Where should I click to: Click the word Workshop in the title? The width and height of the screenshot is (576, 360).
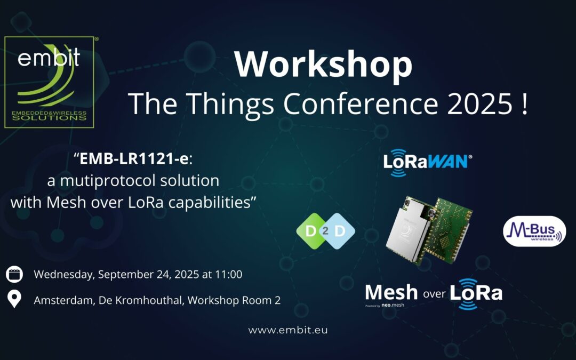(x=323, y=65)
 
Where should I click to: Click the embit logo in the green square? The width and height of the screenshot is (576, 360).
(x=49, y=82)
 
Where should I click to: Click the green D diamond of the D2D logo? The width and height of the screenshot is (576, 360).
(x=311, y=231)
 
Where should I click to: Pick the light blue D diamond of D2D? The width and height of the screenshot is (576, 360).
(x=340, y=231)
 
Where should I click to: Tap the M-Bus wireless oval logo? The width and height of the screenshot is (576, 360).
(x=534, y=231)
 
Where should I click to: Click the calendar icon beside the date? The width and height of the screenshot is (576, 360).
(x=14, y=275)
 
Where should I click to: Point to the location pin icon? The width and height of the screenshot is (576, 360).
(x=14, y=299)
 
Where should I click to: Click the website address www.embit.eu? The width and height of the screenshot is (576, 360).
(x=288, y=330)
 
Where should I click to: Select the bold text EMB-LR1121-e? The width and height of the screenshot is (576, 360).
(x=134, y=159)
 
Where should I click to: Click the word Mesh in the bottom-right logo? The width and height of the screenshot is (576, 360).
(x=391, y=293)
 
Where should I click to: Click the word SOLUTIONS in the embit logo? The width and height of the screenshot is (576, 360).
(x=49, y=118)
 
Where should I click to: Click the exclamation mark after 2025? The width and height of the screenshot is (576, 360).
(x=524, y=104)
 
